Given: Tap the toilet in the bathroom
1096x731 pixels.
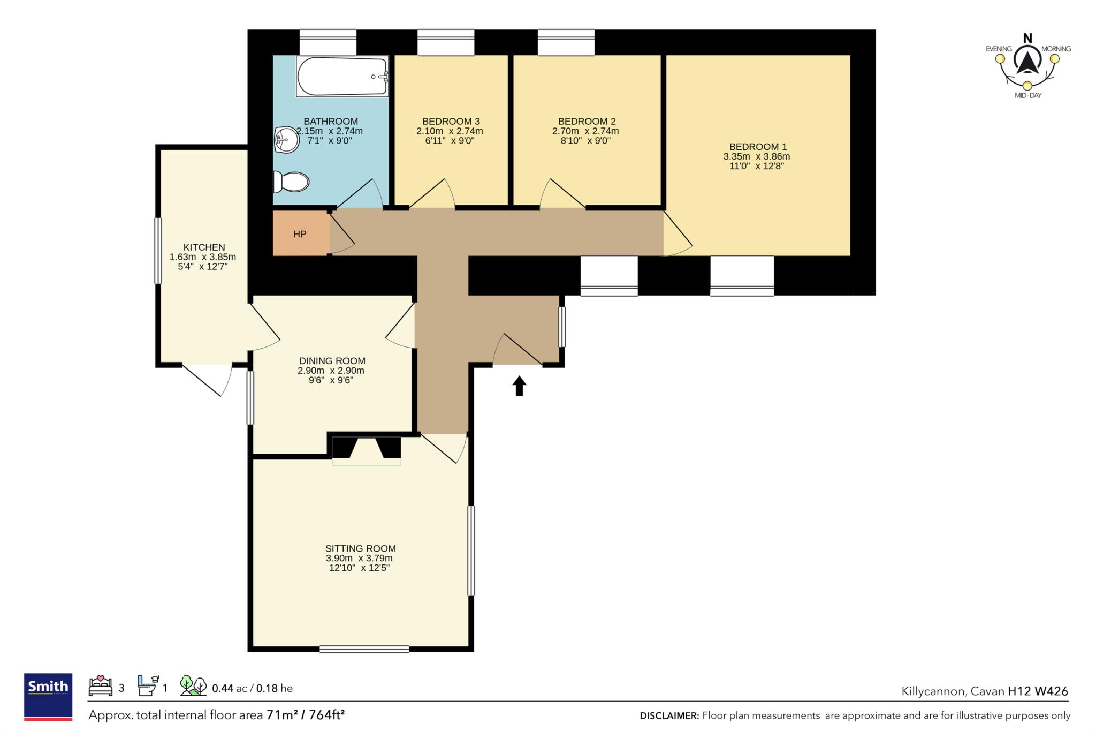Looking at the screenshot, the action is [x=291, y=182].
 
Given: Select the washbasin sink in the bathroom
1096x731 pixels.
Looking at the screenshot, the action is [x=286, y=140].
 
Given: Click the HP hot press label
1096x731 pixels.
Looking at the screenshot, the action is [x=300, y=234].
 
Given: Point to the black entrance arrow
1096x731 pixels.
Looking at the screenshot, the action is [x=519, y=386].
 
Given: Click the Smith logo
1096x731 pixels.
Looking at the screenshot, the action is [x=48, y=697].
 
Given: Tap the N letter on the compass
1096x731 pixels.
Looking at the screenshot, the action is [x=1027, y=38].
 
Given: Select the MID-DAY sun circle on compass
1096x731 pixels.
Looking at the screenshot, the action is [x=1027, y=86].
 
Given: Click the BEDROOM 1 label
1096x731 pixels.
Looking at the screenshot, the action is [x=758, y=147].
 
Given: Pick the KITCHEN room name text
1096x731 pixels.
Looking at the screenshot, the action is [x=204, y=247].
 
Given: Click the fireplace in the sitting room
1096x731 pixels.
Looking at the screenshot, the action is [x=367, y=450].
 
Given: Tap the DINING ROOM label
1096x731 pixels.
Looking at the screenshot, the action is [x=332, y=361].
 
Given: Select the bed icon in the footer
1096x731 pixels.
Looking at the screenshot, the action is [x=100, y=686].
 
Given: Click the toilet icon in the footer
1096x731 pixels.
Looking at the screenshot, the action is [x=148, y=685].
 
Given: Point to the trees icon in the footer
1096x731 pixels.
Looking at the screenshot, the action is [x=193, y=685].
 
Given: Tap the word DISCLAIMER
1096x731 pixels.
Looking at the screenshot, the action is [x=669, y=715].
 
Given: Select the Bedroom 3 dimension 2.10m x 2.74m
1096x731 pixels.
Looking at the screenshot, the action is [x=450, y=131].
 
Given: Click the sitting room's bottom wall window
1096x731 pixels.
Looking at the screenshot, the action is [x=364, y=649].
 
